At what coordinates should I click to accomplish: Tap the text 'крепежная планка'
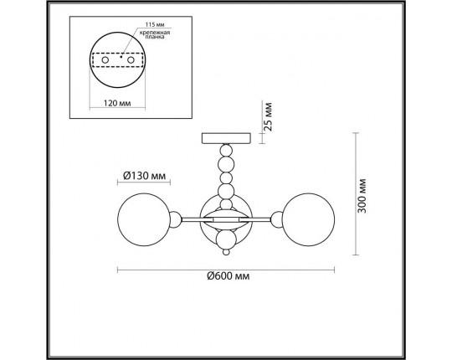(x=155, y=34)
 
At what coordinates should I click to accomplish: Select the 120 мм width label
(x=117, y=103)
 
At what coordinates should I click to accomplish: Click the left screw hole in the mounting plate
(x=105, y=60)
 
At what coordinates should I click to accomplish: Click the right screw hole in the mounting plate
(x=131, y=60)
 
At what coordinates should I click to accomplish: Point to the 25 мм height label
(x=268, y=116)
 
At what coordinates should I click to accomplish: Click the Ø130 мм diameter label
(x=145, y=176)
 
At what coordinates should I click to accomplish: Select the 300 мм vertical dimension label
(x=362, y=196)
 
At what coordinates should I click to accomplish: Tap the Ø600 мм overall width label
(x=229, y=276)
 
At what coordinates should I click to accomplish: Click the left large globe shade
(x=144, y=219)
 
